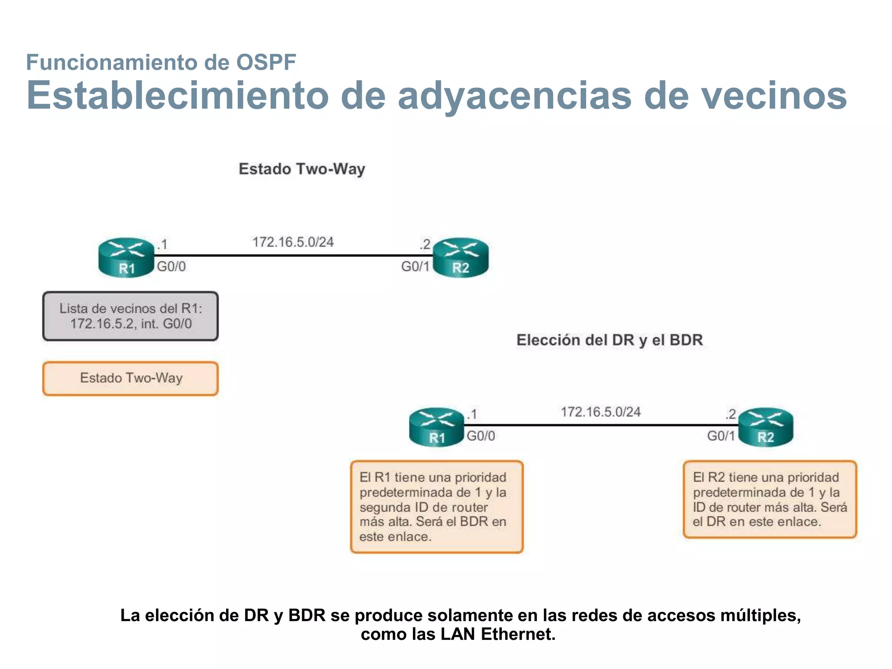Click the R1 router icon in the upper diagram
click(x=126, y=257)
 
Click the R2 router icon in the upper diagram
click(x=461, y=257)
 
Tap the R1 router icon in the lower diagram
click(x=436, y=427)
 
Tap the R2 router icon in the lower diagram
click(x=766, y=427)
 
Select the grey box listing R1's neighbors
click(x=130, y=316)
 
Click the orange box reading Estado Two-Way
click(x=130, y=378)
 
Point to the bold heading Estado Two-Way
click(x=302, y=169)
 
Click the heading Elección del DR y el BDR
click(x=609, y=340)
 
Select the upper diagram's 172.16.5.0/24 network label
click(x=293, y=242)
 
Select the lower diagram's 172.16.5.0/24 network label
click(x=601, y=412)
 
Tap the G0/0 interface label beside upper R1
click(x=171, y=267)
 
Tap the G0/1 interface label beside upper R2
click(x=415, y=267)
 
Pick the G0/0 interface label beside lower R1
click(x=481, y=436)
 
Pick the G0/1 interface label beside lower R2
click(x=721, y=436)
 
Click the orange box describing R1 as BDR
click(x=436, y=507)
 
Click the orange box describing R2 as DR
click(x=770, y=500)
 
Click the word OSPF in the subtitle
click(x=266, y=62)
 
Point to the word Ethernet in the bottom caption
click(x=518, y=634)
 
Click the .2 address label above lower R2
click(x=730, y=414)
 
